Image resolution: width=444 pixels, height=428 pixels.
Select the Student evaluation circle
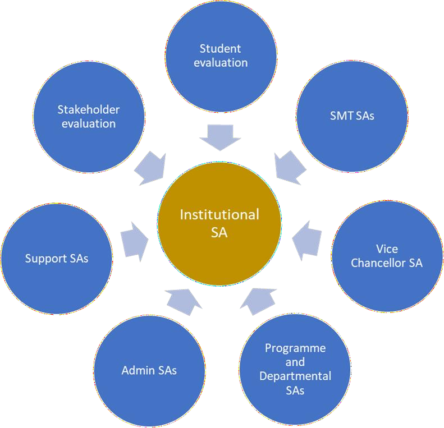[x=221, y=56]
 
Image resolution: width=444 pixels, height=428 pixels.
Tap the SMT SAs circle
[x=352, y=116]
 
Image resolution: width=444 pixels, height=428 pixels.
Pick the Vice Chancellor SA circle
[x=387, y=255]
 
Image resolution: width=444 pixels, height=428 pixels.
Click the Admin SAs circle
[x=149, y=371]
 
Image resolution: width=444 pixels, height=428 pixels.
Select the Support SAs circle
[x=57, y=259]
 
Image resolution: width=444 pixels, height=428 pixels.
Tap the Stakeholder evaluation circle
[x=89, y=117]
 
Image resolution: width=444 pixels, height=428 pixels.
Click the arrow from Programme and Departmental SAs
[x=258, y=300]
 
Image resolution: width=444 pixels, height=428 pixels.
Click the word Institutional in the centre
[x=219, y=214]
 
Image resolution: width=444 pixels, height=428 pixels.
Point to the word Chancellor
[x=387, y=262]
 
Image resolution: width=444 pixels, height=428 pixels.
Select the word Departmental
[x=295, y=375]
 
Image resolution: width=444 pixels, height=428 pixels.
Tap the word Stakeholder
[x=89, y=110]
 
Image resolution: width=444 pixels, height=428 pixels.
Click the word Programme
[x=295, y=348]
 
